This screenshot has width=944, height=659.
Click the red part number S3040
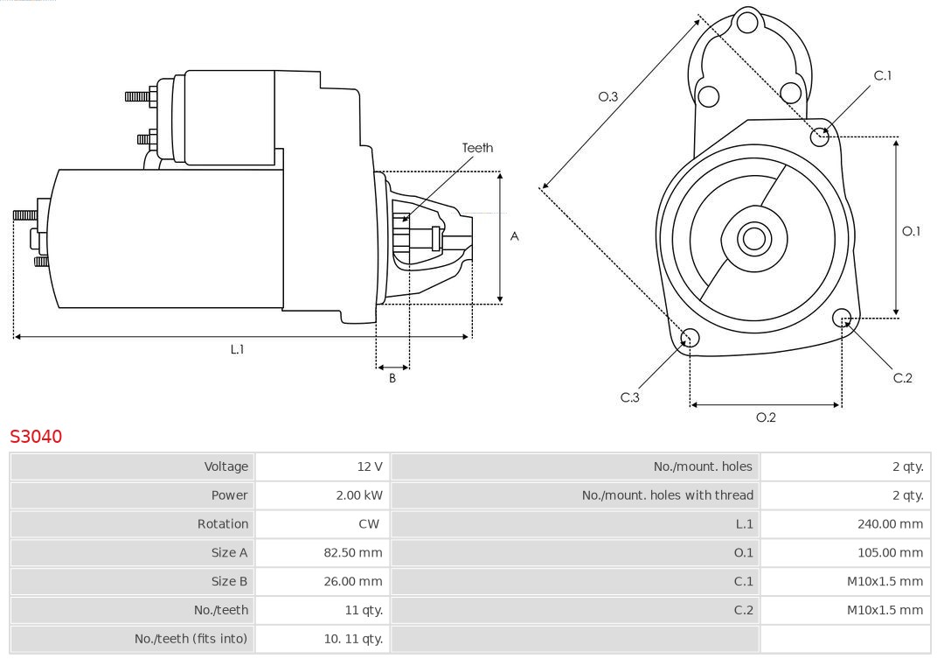36,436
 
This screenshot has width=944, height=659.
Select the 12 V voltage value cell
370,466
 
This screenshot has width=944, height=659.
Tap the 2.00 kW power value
359,495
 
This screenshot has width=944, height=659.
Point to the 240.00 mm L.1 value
890,524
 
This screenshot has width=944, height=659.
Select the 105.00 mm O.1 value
890,553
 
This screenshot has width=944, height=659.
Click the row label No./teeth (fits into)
191,639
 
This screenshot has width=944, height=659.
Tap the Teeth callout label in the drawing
477,148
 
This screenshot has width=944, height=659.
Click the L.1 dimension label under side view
237,349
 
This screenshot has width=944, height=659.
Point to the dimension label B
392,379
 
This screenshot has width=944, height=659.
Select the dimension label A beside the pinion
515,236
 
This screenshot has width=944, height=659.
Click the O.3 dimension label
608,96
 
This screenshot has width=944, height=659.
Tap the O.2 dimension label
766,417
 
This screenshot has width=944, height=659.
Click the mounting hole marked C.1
819,136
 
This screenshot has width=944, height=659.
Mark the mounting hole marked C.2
842,317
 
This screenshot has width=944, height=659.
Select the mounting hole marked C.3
690,338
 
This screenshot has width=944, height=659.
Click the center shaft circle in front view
753,238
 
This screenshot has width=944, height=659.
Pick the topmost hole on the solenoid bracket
748,23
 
